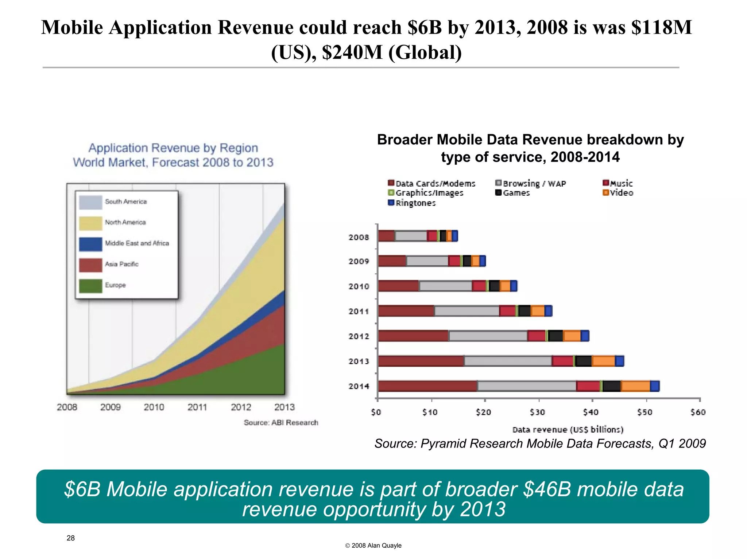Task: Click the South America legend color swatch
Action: (90, 202)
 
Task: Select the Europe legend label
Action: (115, 285)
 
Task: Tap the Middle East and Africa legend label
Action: (137, 243)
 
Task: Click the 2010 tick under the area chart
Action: (154, 407)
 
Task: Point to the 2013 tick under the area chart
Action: (285, 407)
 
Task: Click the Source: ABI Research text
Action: (281, 423)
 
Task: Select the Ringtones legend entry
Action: (412, 203)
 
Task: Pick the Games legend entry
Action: (512, 193)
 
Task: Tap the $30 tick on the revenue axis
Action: (537, 412)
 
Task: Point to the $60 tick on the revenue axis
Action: (698, 412)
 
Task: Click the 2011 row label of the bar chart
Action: (359, 311)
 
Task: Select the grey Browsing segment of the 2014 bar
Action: (527, 386)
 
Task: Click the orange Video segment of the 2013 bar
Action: (603, 361)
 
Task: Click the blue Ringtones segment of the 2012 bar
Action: (585, 336)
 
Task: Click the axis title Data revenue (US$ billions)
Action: (568, 430)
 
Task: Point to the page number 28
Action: (71, 538)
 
